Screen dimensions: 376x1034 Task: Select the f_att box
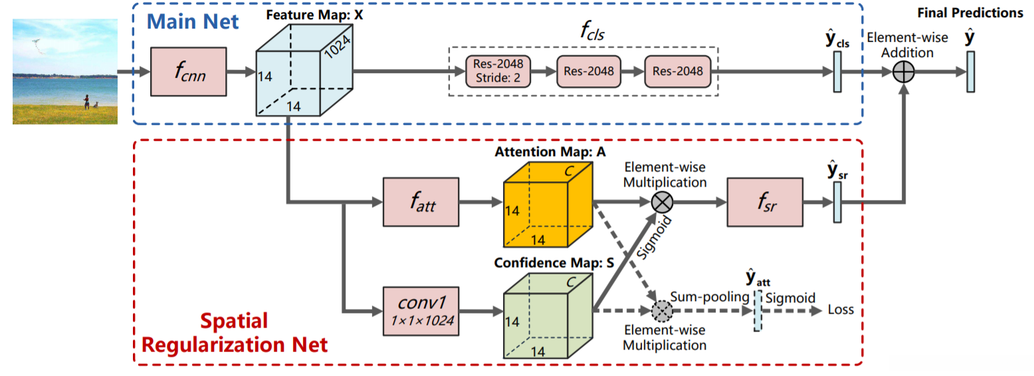point(421,201)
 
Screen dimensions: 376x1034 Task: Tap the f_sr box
point(765,201)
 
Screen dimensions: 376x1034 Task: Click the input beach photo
point(65,71)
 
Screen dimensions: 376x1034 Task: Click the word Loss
point(841,310)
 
